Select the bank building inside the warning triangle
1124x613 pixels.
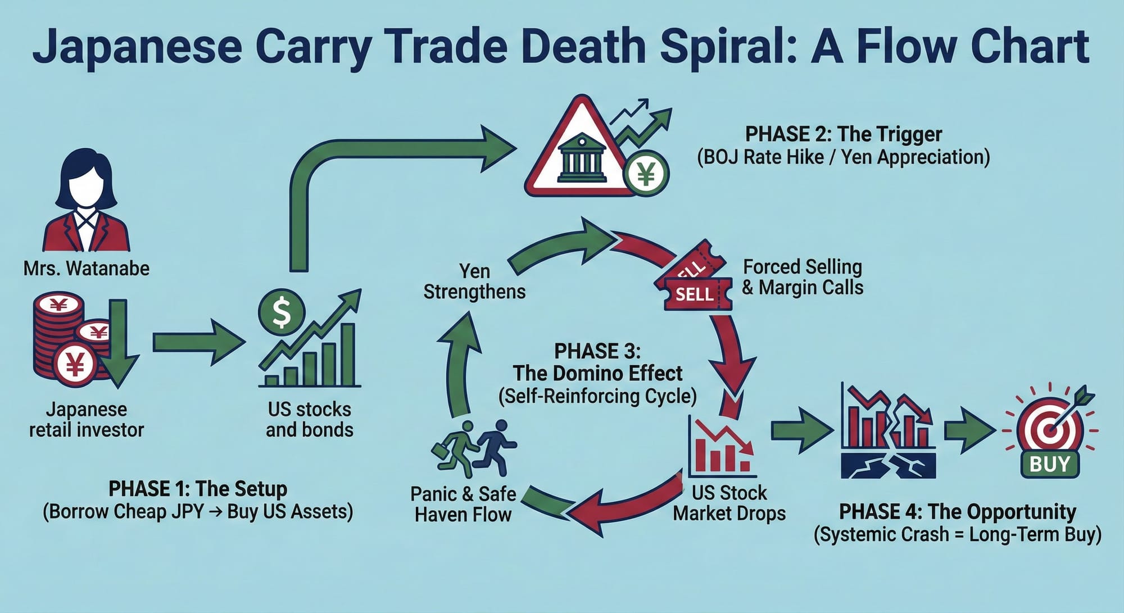coord(582,158)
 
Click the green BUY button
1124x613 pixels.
coord(1049,464)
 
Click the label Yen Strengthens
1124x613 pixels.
coord(474,281)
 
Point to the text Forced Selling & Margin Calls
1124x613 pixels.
coord(802,277)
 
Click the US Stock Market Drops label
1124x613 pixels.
coord(729,503)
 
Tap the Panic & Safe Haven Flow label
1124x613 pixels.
coord(463,504)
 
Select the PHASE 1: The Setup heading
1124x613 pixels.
coord(198,489)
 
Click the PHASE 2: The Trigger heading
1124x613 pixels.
coord(843,135)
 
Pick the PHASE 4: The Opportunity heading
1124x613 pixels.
coord(957,512)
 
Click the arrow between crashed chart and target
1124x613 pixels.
coord(968,430)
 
